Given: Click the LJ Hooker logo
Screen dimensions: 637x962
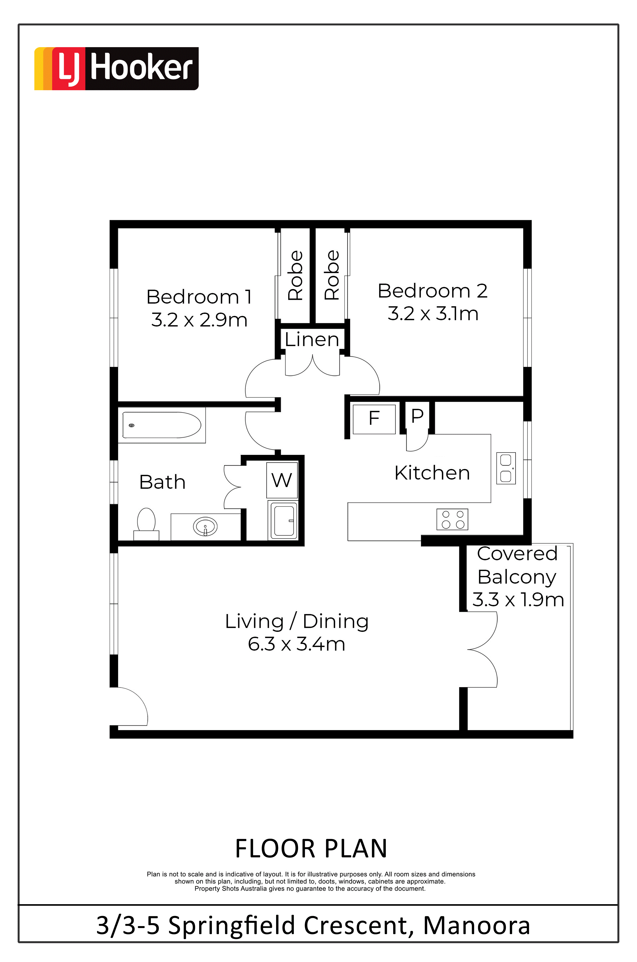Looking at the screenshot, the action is [x=116, y=68].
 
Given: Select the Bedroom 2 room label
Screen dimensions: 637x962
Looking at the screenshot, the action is [x=433, y=291].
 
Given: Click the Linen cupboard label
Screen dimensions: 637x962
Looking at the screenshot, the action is [x=312, y=339].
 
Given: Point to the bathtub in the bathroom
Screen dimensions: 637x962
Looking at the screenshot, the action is [x=162, y=425].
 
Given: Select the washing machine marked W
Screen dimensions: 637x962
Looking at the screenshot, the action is [x=282, y=480].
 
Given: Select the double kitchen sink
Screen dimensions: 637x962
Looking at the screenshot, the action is [x=506, y=468].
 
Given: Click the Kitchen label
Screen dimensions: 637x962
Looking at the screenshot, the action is [x=432, y=473].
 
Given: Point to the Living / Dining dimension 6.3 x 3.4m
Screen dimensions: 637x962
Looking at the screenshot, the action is [x=296, y=644].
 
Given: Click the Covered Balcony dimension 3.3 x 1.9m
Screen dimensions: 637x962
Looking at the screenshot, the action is [x=518, y=600].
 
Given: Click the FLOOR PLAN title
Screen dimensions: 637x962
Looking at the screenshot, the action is [x=311, y=849].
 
